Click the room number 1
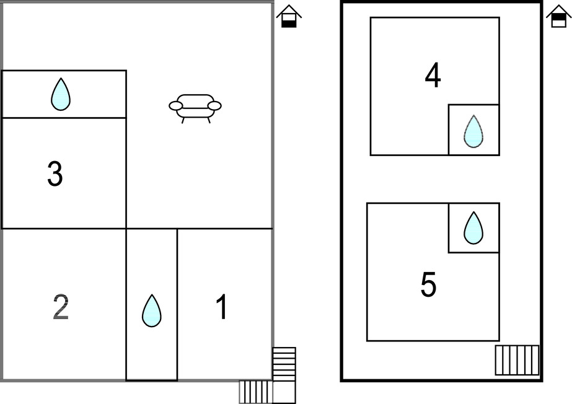pyautogui.click(x=221, y=307)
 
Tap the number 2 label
pyautogui.click(x=61, y=307)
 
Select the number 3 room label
pyautogui.click(x=55, y=174)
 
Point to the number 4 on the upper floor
pyautogui.click(x=433, y=75)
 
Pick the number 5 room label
pyautogui.click(x=429, y=284)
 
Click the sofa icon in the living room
pyautogui.click(x=195, y=108)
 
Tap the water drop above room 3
pyautogui.click(x=61, y=94)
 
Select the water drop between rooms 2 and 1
pyautogui.click(x=152, y=310)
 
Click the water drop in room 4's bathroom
pyautogui.click(x=473, y=131)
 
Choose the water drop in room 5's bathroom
pyautogui.click(x=473, y=228)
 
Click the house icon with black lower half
pyautogui.click(x=289, y=16)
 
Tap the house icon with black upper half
pyautogui.click(x=559, y=16)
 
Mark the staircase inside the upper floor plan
pyautogui.click(x=517, y=360)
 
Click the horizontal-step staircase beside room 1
pyautogui.click(x=284, y=364)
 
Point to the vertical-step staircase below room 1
pyautogui.click(x=256, y=392)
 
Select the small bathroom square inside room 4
pyautogui.click(x=473, y=130)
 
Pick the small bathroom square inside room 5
pyautogui.click(x=473, y=227)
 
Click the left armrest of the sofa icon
pyautogui.click(x=175, y=106)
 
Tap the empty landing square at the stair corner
pyautogui.click(x=284, y=392)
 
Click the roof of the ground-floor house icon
pyautogui.click(x=289, y=11)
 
